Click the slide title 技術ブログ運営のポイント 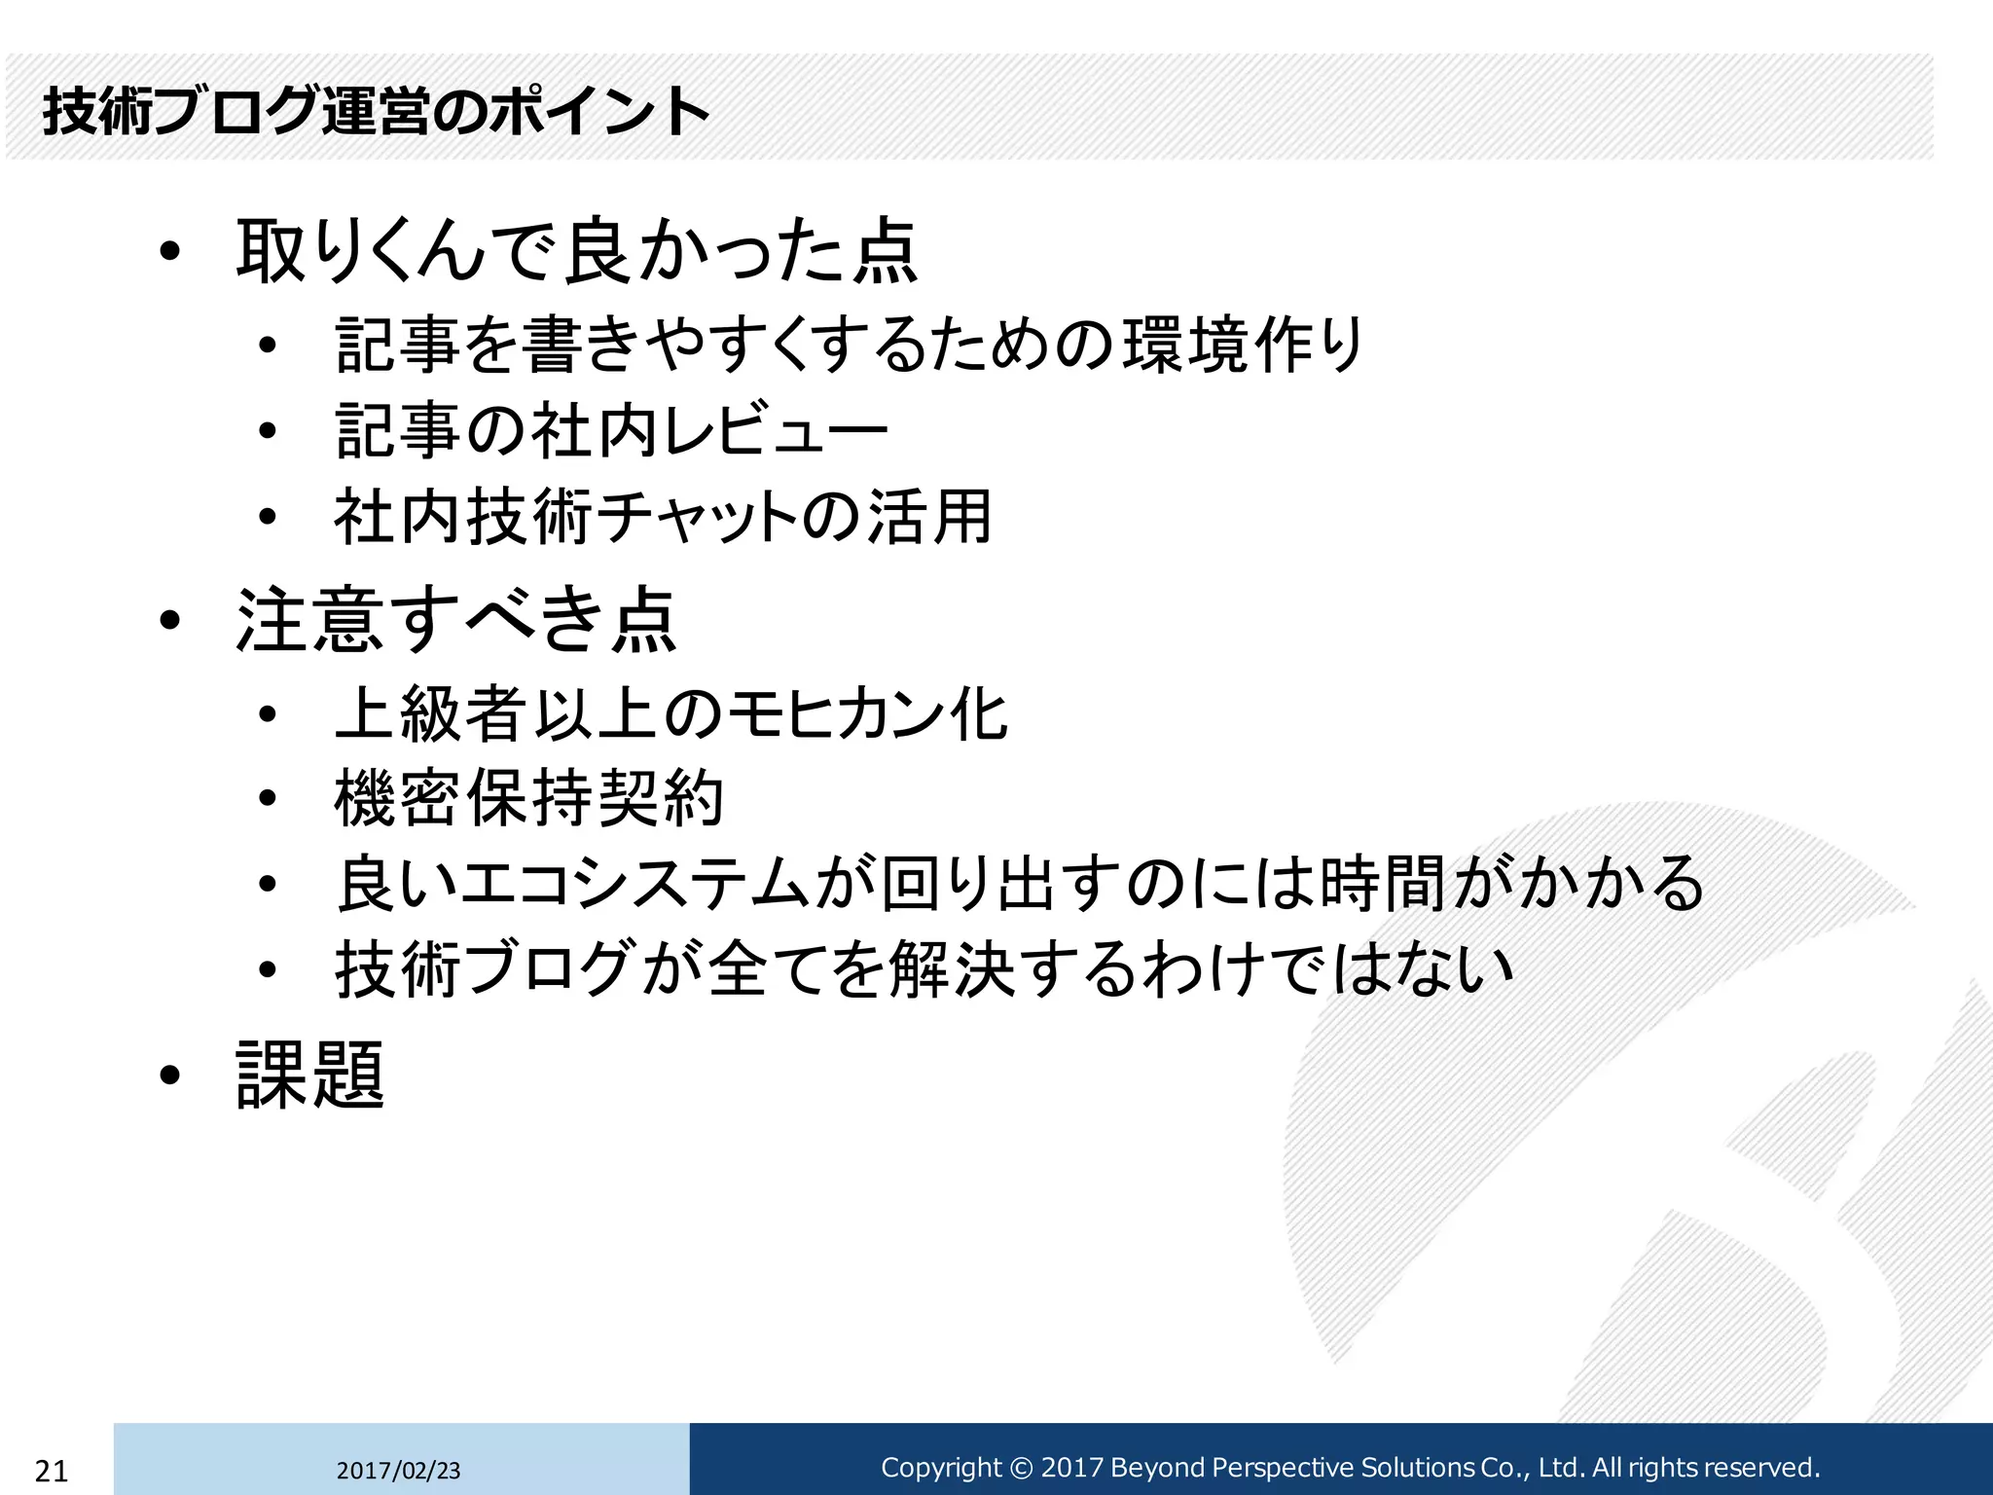coord(376,111)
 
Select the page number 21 coord(51,1471)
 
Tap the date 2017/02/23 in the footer coord(398,1471)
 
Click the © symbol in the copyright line coord(1020,1468)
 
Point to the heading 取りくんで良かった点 coord(576,251)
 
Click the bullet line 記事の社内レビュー coord(611,430)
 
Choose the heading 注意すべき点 coord(455,620)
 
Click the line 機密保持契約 coord(528,799)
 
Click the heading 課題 coord(310,1076)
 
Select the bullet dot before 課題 coord(170,1076)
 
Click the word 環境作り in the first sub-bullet coord(1243,346)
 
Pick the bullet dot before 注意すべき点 coord(170,620)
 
